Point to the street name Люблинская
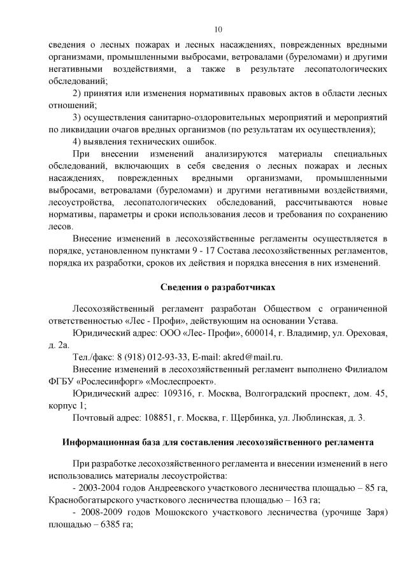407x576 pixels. click(x=318, y=418)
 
